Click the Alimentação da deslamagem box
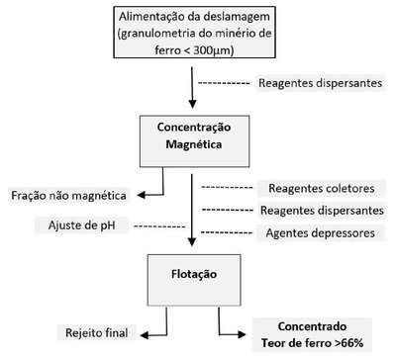195,33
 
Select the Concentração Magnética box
194,141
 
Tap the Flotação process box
194,280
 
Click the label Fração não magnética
68,196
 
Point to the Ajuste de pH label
82,225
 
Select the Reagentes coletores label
322,188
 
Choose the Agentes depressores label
321,233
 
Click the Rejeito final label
97,332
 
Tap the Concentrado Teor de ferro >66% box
312,334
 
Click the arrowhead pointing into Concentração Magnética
192,104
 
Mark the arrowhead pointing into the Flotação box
192,241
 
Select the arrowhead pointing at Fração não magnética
142,195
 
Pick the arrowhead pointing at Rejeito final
145,335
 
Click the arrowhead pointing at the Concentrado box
242,334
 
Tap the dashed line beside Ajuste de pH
159,226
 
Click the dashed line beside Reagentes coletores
227,188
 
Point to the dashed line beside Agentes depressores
227,232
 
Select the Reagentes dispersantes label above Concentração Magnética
321,83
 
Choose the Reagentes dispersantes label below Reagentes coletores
322,211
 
